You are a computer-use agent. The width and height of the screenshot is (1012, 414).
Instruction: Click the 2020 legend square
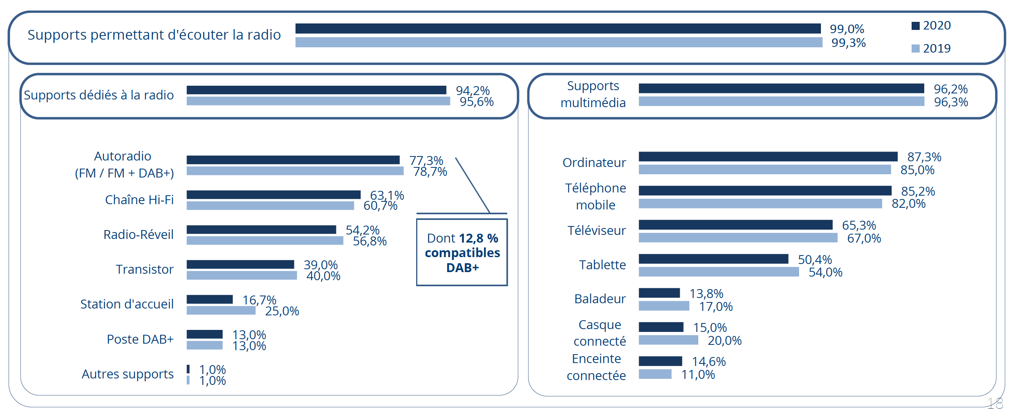click(915, 26)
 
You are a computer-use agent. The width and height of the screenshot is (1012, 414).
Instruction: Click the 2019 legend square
click(915, 49)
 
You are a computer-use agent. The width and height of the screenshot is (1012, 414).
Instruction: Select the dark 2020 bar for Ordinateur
click(768, 156)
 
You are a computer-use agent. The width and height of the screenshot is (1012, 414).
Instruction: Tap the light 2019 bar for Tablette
click(719, 272)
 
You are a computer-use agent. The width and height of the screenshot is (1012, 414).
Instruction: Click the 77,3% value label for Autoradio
click(426, 161)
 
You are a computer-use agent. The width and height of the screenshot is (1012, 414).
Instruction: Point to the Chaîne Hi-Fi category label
click(139, 200)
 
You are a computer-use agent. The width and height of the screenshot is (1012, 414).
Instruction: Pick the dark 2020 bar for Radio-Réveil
click(261, 229)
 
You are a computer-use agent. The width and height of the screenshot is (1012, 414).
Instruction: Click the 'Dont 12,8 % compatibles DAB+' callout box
click(462, 252)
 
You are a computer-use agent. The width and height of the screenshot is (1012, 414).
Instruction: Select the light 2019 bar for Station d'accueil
click(221, 310)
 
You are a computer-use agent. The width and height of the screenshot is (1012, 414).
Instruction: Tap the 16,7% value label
click(259, 300)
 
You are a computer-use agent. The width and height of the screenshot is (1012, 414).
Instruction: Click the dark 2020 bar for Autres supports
click(188, 369)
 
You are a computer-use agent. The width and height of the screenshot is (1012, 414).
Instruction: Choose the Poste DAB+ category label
click(140, 339)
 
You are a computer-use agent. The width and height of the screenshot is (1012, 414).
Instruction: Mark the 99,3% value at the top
click(848, 43)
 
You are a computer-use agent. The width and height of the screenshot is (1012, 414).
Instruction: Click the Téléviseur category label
click(596, 230)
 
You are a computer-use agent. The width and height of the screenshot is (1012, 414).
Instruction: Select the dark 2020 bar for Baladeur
click(659, 293)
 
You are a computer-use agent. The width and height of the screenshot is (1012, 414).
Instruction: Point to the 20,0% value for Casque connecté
click(724, 340)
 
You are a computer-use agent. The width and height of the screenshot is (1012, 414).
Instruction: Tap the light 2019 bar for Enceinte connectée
click(655, 374)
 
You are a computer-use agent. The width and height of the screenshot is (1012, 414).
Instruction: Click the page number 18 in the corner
click(995, 403)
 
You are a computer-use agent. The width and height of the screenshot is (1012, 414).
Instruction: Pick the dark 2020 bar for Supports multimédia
click(781, 88)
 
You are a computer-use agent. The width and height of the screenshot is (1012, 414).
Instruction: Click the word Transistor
click(145, 269)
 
